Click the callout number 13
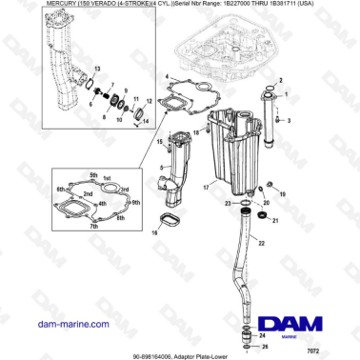coord(95,70)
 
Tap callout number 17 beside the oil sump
coord(205,189)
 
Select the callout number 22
coord(277,230)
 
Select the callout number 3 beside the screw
coord(290,120)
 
